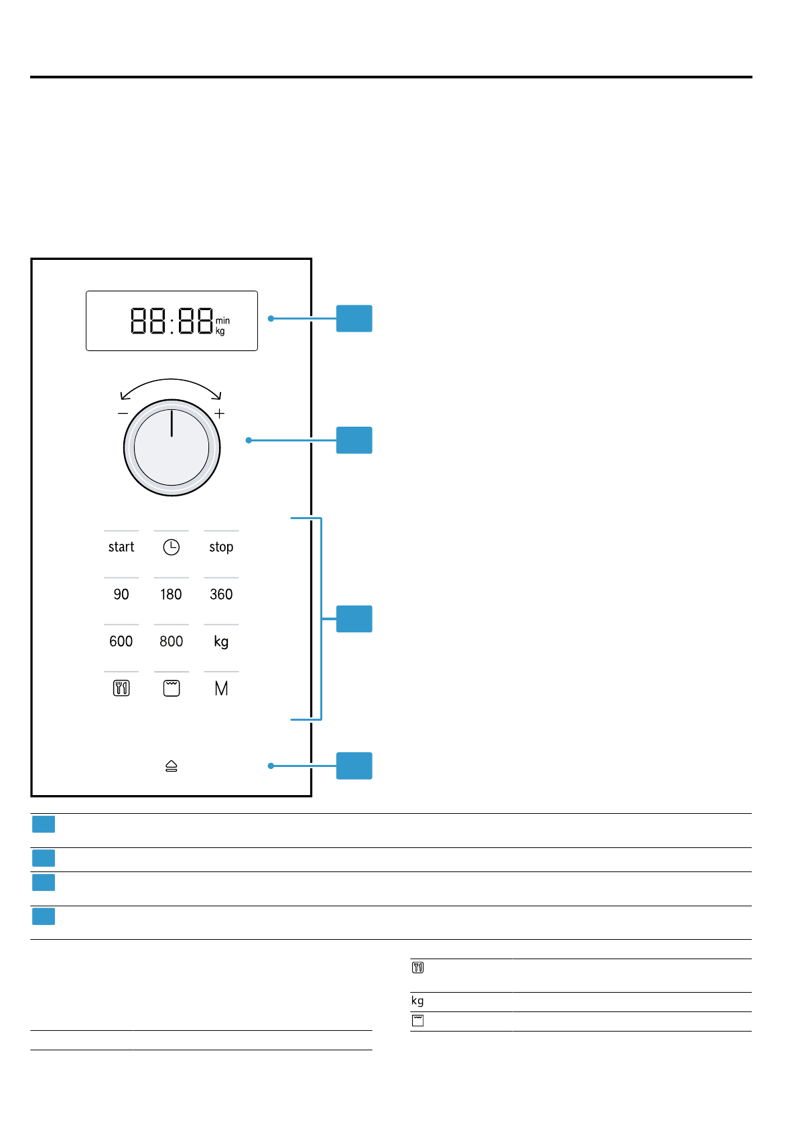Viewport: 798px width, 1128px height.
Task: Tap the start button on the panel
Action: pyautogui.click(x=121, y=547)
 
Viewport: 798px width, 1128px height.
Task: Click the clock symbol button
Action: pyautogui.click(x=172, y=547)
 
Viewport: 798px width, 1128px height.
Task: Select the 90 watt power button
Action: pyautogui.click(x=121, y=594)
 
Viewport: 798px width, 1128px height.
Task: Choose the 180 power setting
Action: pyautogui.click(x=171, y=594)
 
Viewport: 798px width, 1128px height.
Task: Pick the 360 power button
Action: pyautogui.click(x=221, y=594)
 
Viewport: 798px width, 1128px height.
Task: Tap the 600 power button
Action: pyautogui.click(x=121, y=641)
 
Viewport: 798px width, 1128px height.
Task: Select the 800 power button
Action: pyautogui.click(x=171, y=641)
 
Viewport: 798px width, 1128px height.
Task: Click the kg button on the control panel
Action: pyautogui.click(x=221, y=642)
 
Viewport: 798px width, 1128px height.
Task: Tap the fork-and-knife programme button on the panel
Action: pyautogui.click(x=121, y=688)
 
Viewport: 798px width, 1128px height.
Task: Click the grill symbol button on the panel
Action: pyautogui.click(x=172, y=688)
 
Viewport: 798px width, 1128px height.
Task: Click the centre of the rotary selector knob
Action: pyautogui.click(x=172, y=447)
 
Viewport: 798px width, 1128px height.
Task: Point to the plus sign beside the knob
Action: pyautogui.click(x=220, y=413)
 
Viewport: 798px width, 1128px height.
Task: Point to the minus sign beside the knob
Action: pyautogui.click(x=123, y=413)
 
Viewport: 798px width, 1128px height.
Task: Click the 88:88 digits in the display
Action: pyautogui.click(x=172, y=321)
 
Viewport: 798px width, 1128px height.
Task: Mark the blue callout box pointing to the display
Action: pyautogui.click(x=354, y=319)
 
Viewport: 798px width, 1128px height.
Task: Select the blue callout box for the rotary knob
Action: pyautogui.click(x=354, y=440)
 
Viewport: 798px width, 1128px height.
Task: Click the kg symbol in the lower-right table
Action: pyautogui.click(x=417, y=1001)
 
